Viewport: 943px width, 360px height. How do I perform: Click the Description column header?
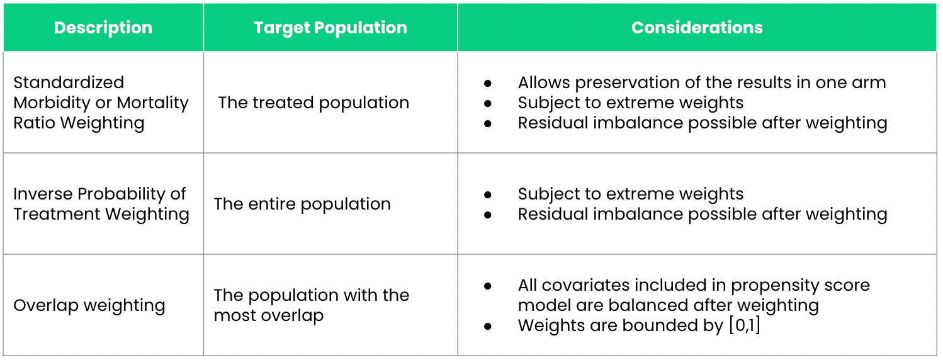(x=103, y=28)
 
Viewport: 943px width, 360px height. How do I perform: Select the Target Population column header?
(x=330, y=28)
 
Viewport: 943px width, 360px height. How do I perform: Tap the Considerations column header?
(x=697, y=28)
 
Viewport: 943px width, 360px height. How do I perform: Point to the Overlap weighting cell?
(x=89, y=305)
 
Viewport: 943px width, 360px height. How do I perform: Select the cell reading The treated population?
(x=313, y=103)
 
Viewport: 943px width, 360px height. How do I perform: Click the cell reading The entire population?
(x=302, y=204)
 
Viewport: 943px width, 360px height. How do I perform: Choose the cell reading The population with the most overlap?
(x=311, y=305)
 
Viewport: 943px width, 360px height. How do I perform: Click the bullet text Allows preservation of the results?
(x=701, y=82)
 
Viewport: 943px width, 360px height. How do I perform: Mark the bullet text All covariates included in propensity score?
(x=693, y=285)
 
